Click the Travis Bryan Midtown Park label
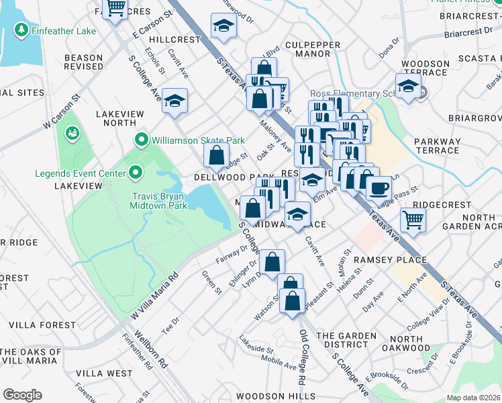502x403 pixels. (157, 202)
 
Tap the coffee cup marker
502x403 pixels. (379, 187)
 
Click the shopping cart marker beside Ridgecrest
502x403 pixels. (413, 219)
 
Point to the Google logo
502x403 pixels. (22, 394)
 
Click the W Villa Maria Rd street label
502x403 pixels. (153, 296)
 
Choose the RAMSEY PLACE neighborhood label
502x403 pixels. (390, 260)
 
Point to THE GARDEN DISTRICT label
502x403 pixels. (346, 341)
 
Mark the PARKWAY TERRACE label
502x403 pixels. (437, 146)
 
